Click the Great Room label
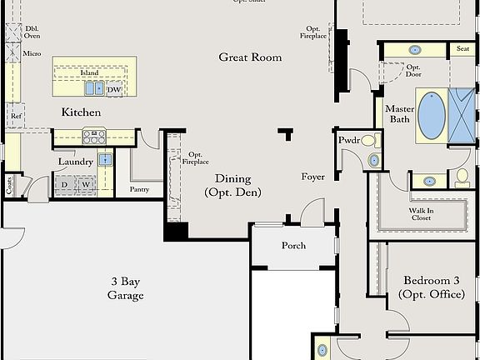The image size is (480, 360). coord(250,57)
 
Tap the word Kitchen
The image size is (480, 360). coord(82,112)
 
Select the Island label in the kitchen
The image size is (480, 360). coord(89,73)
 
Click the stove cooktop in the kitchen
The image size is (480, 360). coord(93,137)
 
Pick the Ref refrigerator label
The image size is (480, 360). coord(16,116)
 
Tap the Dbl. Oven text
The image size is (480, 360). coord(32,31)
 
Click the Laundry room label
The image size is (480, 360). coord(74,162)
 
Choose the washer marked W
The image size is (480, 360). coord(85,185)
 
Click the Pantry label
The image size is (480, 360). coord(139,189)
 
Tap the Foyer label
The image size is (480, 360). coord(313,177)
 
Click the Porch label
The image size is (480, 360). coord(293,246)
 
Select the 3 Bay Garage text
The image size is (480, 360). coord(125,288)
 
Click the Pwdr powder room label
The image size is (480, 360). coord(348,140)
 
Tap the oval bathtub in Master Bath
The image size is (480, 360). coord(430,116)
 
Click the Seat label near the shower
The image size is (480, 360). coord(462,49)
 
